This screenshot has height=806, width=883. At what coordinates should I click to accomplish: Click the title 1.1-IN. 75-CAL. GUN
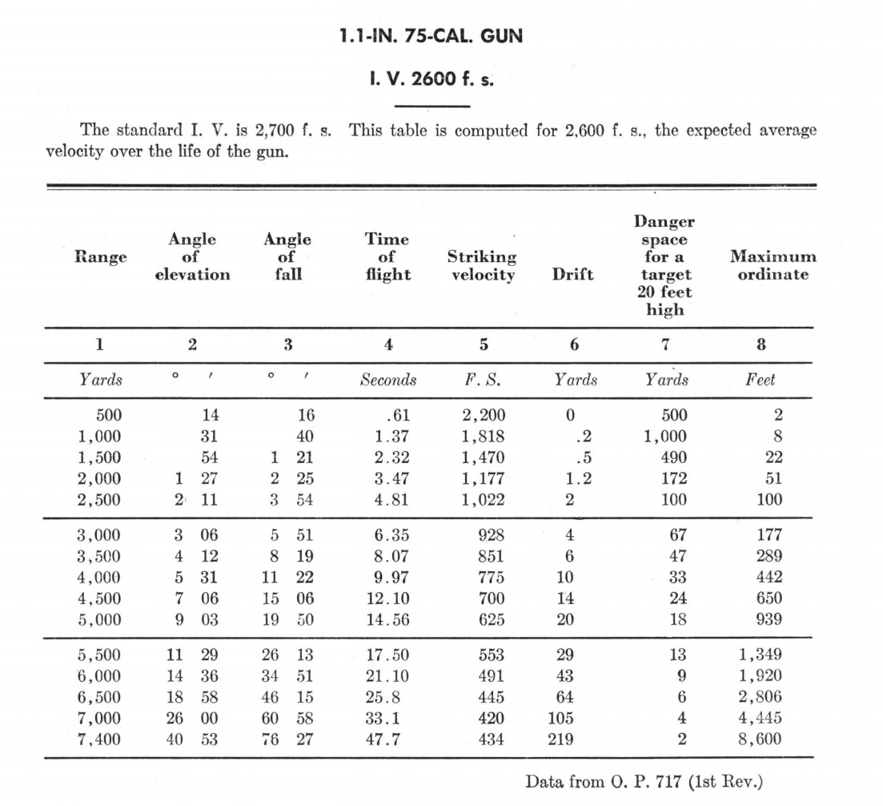[431, 37]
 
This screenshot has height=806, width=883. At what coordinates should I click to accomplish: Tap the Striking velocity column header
[481, 266]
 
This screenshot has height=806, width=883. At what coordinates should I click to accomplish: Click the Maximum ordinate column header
[773, 266]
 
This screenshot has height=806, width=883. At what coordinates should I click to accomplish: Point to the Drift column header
[573, 275]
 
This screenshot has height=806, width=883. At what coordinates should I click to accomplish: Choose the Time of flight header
[387, 257]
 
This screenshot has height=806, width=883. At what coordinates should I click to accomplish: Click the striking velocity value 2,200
[484, 416]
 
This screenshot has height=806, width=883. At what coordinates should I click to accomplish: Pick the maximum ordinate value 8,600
[760, 740]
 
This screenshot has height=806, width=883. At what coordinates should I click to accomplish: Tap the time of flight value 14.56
[390, 619]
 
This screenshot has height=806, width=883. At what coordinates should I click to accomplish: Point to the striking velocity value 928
[491, 535]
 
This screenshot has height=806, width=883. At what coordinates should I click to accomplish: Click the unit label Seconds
[387, 380]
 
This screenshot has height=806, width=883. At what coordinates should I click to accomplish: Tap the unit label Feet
[760, 380]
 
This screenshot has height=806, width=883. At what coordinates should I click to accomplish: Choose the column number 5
[483, 345]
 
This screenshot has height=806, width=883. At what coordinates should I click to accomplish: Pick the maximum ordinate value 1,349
[760, 655]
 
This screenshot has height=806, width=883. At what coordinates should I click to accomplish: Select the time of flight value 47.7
[383, 740]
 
